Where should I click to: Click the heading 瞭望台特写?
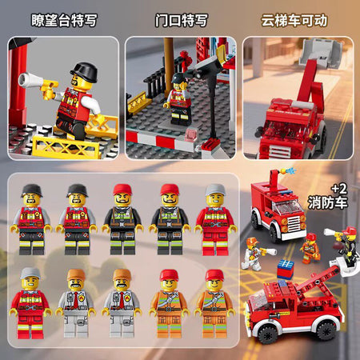pos(64,20)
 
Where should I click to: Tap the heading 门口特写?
pos(181,20)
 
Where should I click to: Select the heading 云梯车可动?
pos(294,20)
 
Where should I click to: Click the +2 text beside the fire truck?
pos(339,189)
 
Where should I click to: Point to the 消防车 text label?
pos(328,202)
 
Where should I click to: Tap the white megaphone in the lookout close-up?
pos(30,80)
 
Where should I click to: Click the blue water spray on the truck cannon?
pos(290,170)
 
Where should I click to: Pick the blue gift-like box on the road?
pos(286,269)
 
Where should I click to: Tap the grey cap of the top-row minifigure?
pos(215,190)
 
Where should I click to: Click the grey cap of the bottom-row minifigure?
pos(30,273)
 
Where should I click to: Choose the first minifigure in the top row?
pos(31,219)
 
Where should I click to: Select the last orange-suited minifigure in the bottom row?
pos(214,304)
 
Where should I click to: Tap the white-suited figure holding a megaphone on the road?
pos(254,254)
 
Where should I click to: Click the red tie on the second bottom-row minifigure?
pos(76,300)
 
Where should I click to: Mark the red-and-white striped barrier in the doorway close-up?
pos(162,141)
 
